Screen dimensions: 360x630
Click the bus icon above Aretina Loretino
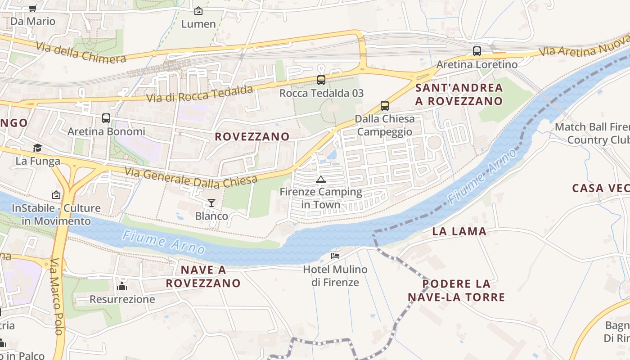click(477, 51)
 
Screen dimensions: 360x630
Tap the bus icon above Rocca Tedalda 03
click(321, 80)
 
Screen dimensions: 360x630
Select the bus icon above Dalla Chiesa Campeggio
click(385, 106)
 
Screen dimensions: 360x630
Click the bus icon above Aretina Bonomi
click(106, 118)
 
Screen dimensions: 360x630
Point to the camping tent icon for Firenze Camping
click(320, 180)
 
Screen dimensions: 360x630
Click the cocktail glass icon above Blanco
click(211, 203)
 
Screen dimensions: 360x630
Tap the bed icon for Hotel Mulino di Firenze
click(335, 256)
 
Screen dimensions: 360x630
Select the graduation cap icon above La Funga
click(38, 148)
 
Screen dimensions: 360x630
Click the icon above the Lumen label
click(198, 11)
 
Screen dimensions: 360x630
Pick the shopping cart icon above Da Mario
click(32, 8)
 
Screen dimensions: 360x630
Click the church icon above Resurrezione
click(122, 286)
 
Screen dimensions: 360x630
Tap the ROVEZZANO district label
click(252, 137)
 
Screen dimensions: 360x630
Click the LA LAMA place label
click(459, 232)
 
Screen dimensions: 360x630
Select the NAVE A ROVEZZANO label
click(203, 277)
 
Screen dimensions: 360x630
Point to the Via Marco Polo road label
click(56, 297)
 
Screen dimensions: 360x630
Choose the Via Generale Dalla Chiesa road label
click(191, 178)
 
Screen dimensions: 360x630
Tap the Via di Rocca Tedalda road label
click(200, 94)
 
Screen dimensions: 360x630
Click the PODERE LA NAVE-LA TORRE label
click(456, 291)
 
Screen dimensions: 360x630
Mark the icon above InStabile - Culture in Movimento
click(56, 195)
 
